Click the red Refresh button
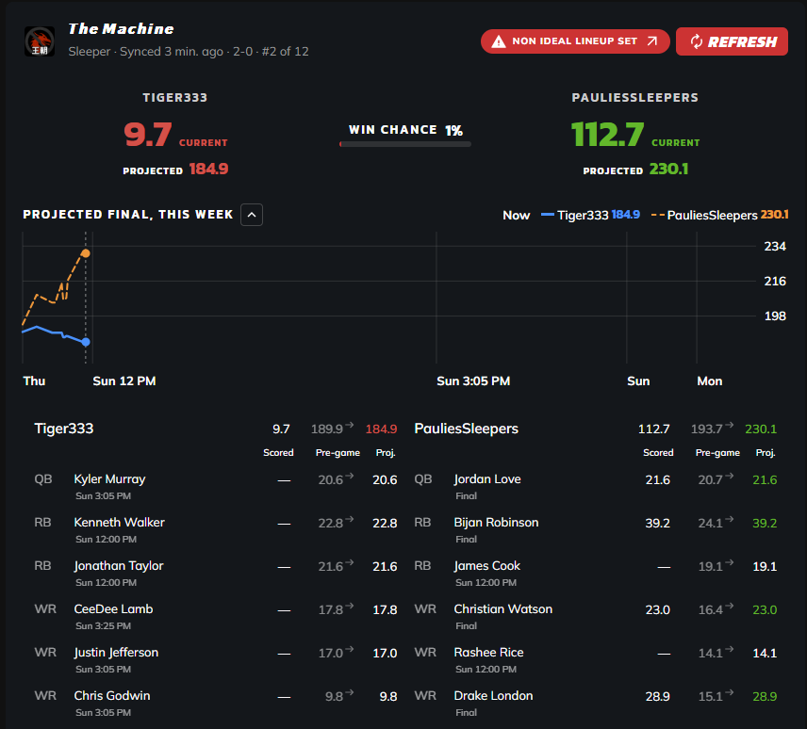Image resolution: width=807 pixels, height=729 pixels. coord(732,41)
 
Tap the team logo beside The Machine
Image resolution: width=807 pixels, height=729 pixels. coord(40,41)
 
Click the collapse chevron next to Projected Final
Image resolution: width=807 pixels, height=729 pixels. coord(252,215)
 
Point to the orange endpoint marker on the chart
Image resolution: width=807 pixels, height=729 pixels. coord(86,253)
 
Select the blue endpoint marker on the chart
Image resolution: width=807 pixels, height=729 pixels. coord(86,342)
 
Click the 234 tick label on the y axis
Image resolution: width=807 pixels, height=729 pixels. coord(775,246)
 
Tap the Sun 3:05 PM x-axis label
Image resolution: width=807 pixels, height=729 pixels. coord(473,381)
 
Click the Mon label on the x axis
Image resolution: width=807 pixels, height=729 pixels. coord(709,381)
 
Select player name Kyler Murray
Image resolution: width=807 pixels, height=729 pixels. coord(109,479)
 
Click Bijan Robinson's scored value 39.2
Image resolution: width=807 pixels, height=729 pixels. coord(658,524)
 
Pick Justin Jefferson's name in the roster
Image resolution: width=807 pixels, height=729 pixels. coord(116,653)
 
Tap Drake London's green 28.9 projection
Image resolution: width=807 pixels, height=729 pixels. coord(765,697)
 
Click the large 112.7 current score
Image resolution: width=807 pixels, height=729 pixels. coord(607,135)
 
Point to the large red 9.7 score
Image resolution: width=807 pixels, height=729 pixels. coord(148,135)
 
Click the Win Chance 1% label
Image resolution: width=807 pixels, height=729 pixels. coord(405,130)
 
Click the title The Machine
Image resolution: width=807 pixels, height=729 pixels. coord(121,29)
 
